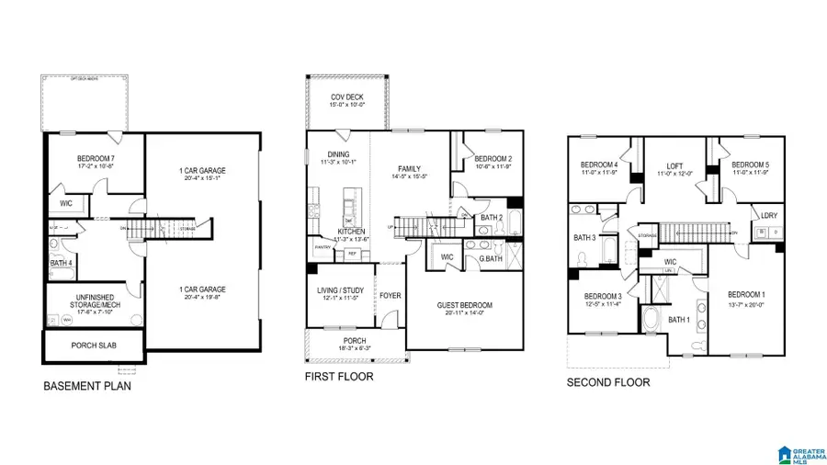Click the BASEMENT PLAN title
click(87, 387)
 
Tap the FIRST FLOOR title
click(339, 377)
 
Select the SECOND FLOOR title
click(607, 382)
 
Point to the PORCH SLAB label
click(94, 346)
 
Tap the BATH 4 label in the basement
click(61, 265)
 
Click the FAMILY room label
click(409, 169)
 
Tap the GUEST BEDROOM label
click(466, 306)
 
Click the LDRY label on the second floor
click(769, 216)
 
